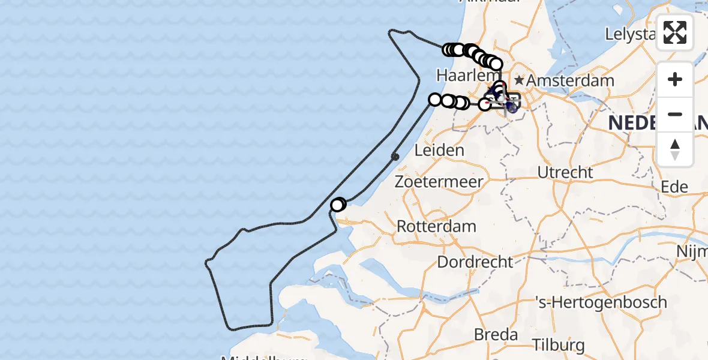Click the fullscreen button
coord(675,32)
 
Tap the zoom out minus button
coord(675,114)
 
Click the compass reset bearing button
coord(675,149)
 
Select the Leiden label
coord(439,150)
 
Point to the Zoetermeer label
coord(439,182)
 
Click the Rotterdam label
coord(437,227)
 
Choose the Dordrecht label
coord(475,262)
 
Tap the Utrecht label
coord(565,172)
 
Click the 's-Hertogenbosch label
coord(602,302)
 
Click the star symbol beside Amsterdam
coord(519,80)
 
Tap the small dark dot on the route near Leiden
coord(395,157)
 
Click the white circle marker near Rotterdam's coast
coord(337,205)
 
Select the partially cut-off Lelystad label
coord(630,34)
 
